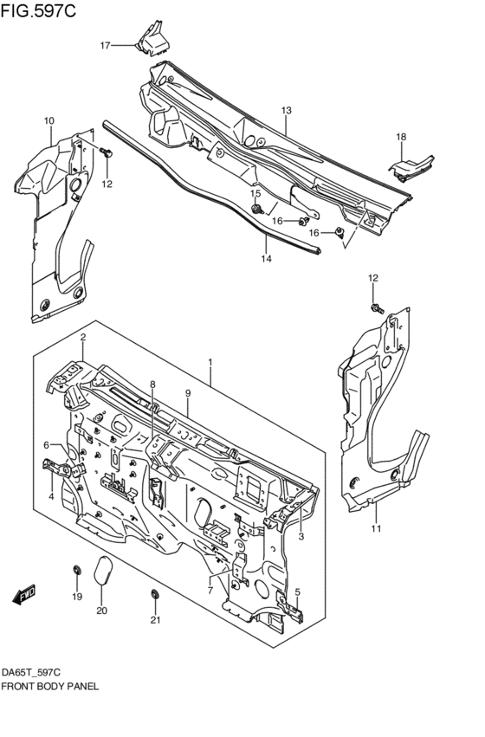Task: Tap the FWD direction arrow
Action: pos(23,594)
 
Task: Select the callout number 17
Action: pos(105,45)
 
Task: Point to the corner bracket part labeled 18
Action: pos(413,167)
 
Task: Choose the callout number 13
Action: pos(286,110)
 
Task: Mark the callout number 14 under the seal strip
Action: pos(267,258)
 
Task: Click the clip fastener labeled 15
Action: pos(257,209)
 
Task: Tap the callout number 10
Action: pos(49,120)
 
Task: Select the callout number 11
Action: pos(376,529)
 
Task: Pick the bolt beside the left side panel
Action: pos(107,153)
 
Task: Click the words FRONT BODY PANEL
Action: pos(49,685)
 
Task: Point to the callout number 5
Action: pos(297,592)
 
